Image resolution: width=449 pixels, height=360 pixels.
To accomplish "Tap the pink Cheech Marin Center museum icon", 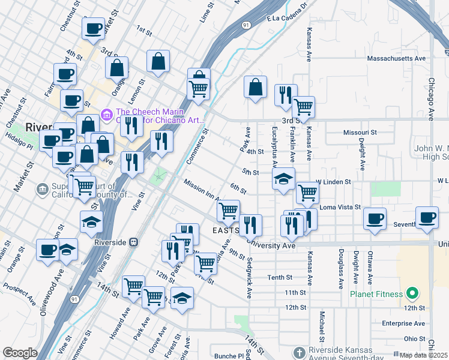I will click(107, 113).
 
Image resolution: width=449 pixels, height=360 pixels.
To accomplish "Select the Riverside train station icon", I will click(134, 242).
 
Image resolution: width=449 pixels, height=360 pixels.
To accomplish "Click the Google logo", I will click(20, 353).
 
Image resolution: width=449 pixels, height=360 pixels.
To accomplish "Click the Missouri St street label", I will click(360, 132).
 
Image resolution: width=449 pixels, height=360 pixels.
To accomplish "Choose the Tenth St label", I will click(280, 277).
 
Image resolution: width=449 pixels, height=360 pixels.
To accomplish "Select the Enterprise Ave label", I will click(403, 323).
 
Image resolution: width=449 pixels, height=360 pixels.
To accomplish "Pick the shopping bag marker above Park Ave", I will click(256, 86).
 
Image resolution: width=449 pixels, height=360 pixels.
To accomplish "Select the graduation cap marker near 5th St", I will click(283, 178).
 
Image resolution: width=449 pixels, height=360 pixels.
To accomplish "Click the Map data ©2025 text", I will click(423, 355).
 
